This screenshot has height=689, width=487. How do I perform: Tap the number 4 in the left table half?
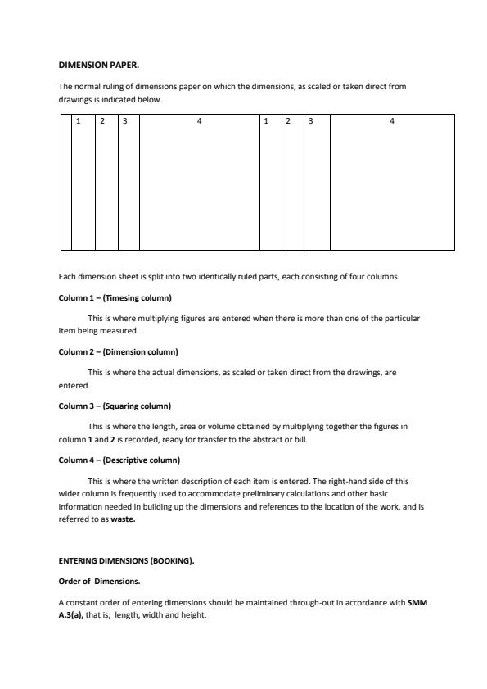(x=199, y=121)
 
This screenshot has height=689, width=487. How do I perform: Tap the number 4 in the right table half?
(x=391, y=121)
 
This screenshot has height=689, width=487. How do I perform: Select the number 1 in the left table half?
(x=79, y=121)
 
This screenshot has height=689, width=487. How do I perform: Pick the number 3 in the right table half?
(x=311, y=121)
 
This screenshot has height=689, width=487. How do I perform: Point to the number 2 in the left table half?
(x=102, y=121)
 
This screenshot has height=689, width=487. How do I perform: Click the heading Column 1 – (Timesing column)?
(x=115, y=297)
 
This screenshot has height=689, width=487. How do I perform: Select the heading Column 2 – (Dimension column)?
(x=118, y=351)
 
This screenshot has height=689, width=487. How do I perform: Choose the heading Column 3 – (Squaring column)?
(x=115, y=406)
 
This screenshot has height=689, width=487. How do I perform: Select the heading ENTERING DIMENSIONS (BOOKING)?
(x=126, y=561)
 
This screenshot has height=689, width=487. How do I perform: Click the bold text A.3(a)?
(x=70, y=615)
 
